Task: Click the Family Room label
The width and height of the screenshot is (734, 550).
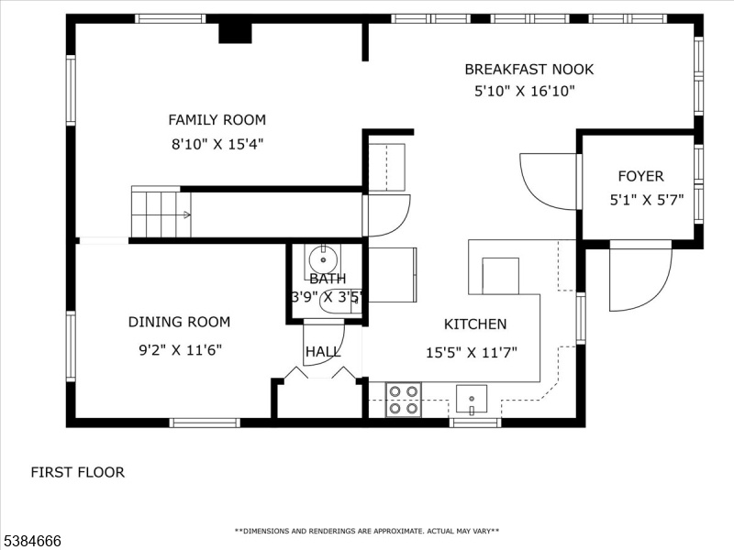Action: pos(217,120)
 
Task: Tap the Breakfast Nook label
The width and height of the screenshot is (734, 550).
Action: pos(529,70)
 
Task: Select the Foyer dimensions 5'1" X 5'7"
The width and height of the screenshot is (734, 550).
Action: pos(647,200)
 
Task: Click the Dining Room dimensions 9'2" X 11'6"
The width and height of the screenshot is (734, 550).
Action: pos(180,350)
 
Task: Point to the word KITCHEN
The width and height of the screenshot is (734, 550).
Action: pos(475,324)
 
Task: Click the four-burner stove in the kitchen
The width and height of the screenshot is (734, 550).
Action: pos(404,400)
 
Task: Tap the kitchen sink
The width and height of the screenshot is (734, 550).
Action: pos(472,400)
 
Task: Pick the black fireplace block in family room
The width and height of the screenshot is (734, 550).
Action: pos(236,33)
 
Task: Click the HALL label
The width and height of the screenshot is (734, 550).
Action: pos(323,352)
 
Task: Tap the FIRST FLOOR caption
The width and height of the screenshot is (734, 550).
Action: pos(78,472)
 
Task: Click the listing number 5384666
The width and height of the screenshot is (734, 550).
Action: pos(31,541)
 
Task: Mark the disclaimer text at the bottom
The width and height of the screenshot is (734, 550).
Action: pos(366,531)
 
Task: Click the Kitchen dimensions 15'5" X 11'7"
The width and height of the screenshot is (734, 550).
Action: pos(472,352)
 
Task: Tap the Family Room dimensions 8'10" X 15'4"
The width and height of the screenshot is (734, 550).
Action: pos(217,144)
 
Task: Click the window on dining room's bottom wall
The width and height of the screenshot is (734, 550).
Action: pos(205,423)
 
